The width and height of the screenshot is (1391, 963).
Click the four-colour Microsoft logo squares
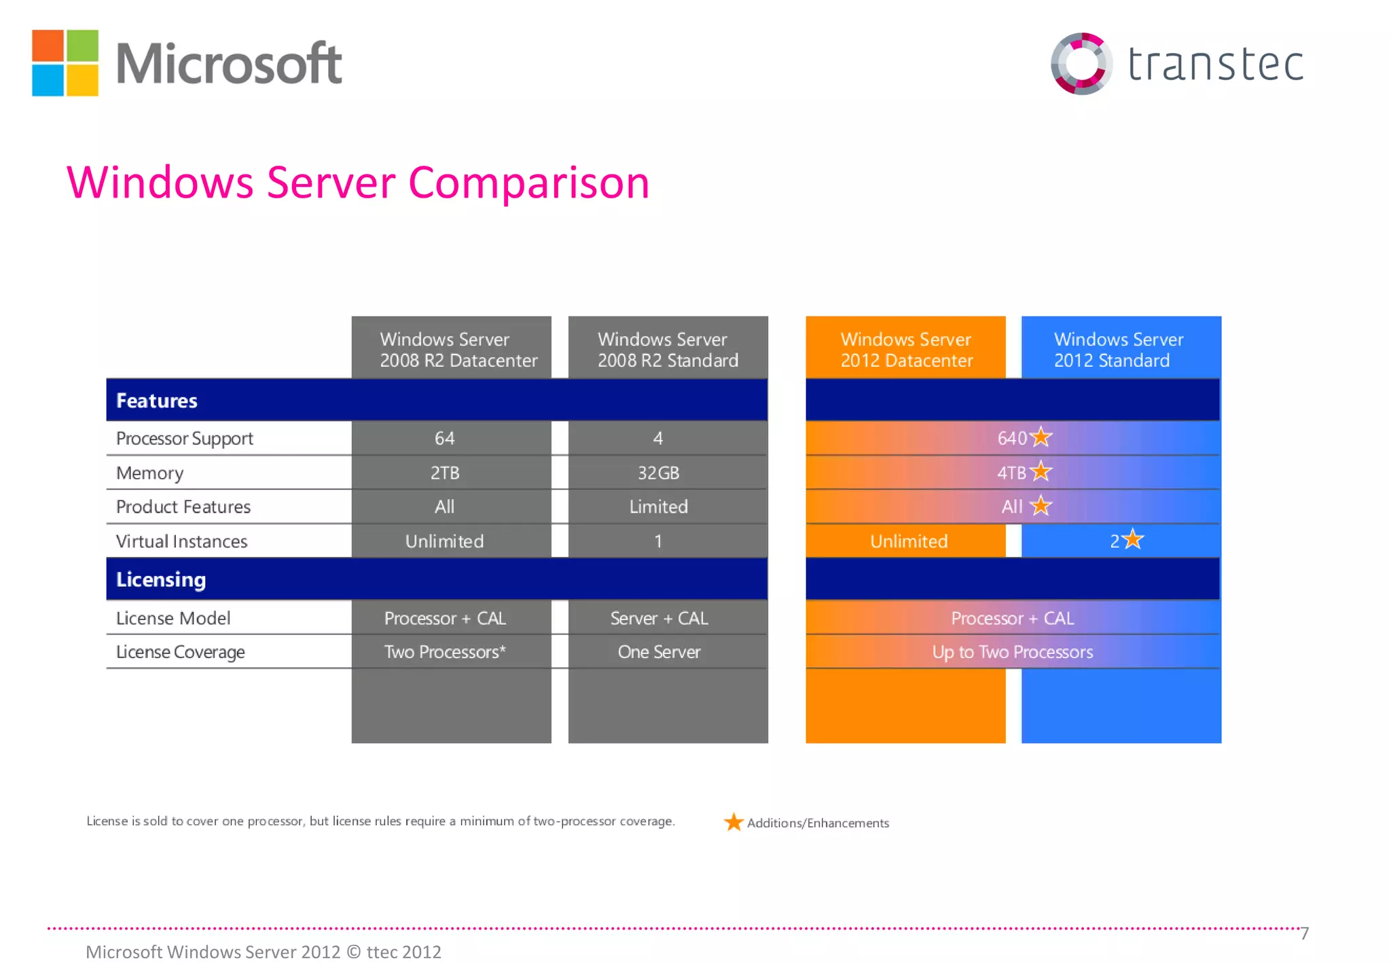pos(65,62)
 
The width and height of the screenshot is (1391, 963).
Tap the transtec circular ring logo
pos(1081,63)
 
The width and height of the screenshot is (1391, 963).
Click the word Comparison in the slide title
pos(528,183)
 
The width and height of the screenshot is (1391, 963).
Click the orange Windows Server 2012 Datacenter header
pos(906,349)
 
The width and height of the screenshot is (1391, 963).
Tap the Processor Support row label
pos(184,439)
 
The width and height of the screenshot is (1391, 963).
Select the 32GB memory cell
pos(658,473)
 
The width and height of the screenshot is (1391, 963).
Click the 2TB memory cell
pos(445,473)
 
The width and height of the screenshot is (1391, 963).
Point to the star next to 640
pos(1041,437)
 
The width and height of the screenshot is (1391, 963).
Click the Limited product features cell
pos(658,507)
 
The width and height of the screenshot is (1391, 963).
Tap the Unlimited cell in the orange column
pos(909,541)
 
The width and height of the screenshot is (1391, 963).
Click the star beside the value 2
pos(1132,540)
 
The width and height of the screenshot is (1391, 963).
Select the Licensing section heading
pos(161,579)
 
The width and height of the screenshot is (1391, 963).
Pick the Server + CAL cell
pos(659,618)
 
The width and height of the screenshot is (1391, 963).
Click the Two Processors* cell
pos(445,652)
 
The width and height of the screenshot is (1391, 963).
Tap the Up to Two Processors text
pos(1012,652)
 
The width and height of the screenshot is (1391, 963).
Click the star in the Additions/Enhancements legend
pos(733,822)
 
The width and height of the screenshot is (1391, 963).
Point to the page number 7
pos(1304,934)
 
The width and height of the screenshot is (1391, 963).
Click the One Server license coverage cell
pos(659,652)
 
